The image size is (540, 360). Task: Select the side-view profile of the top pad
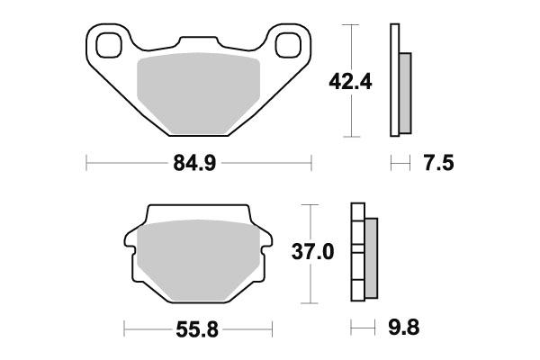tap(399, 81)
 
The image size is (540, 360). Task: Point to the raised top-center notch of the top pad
tap(199, 41)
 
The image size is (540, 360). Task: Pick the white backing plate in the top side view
tap(393, 81)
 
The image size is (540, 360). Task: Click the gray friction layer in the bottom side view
tap(372, 259)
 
